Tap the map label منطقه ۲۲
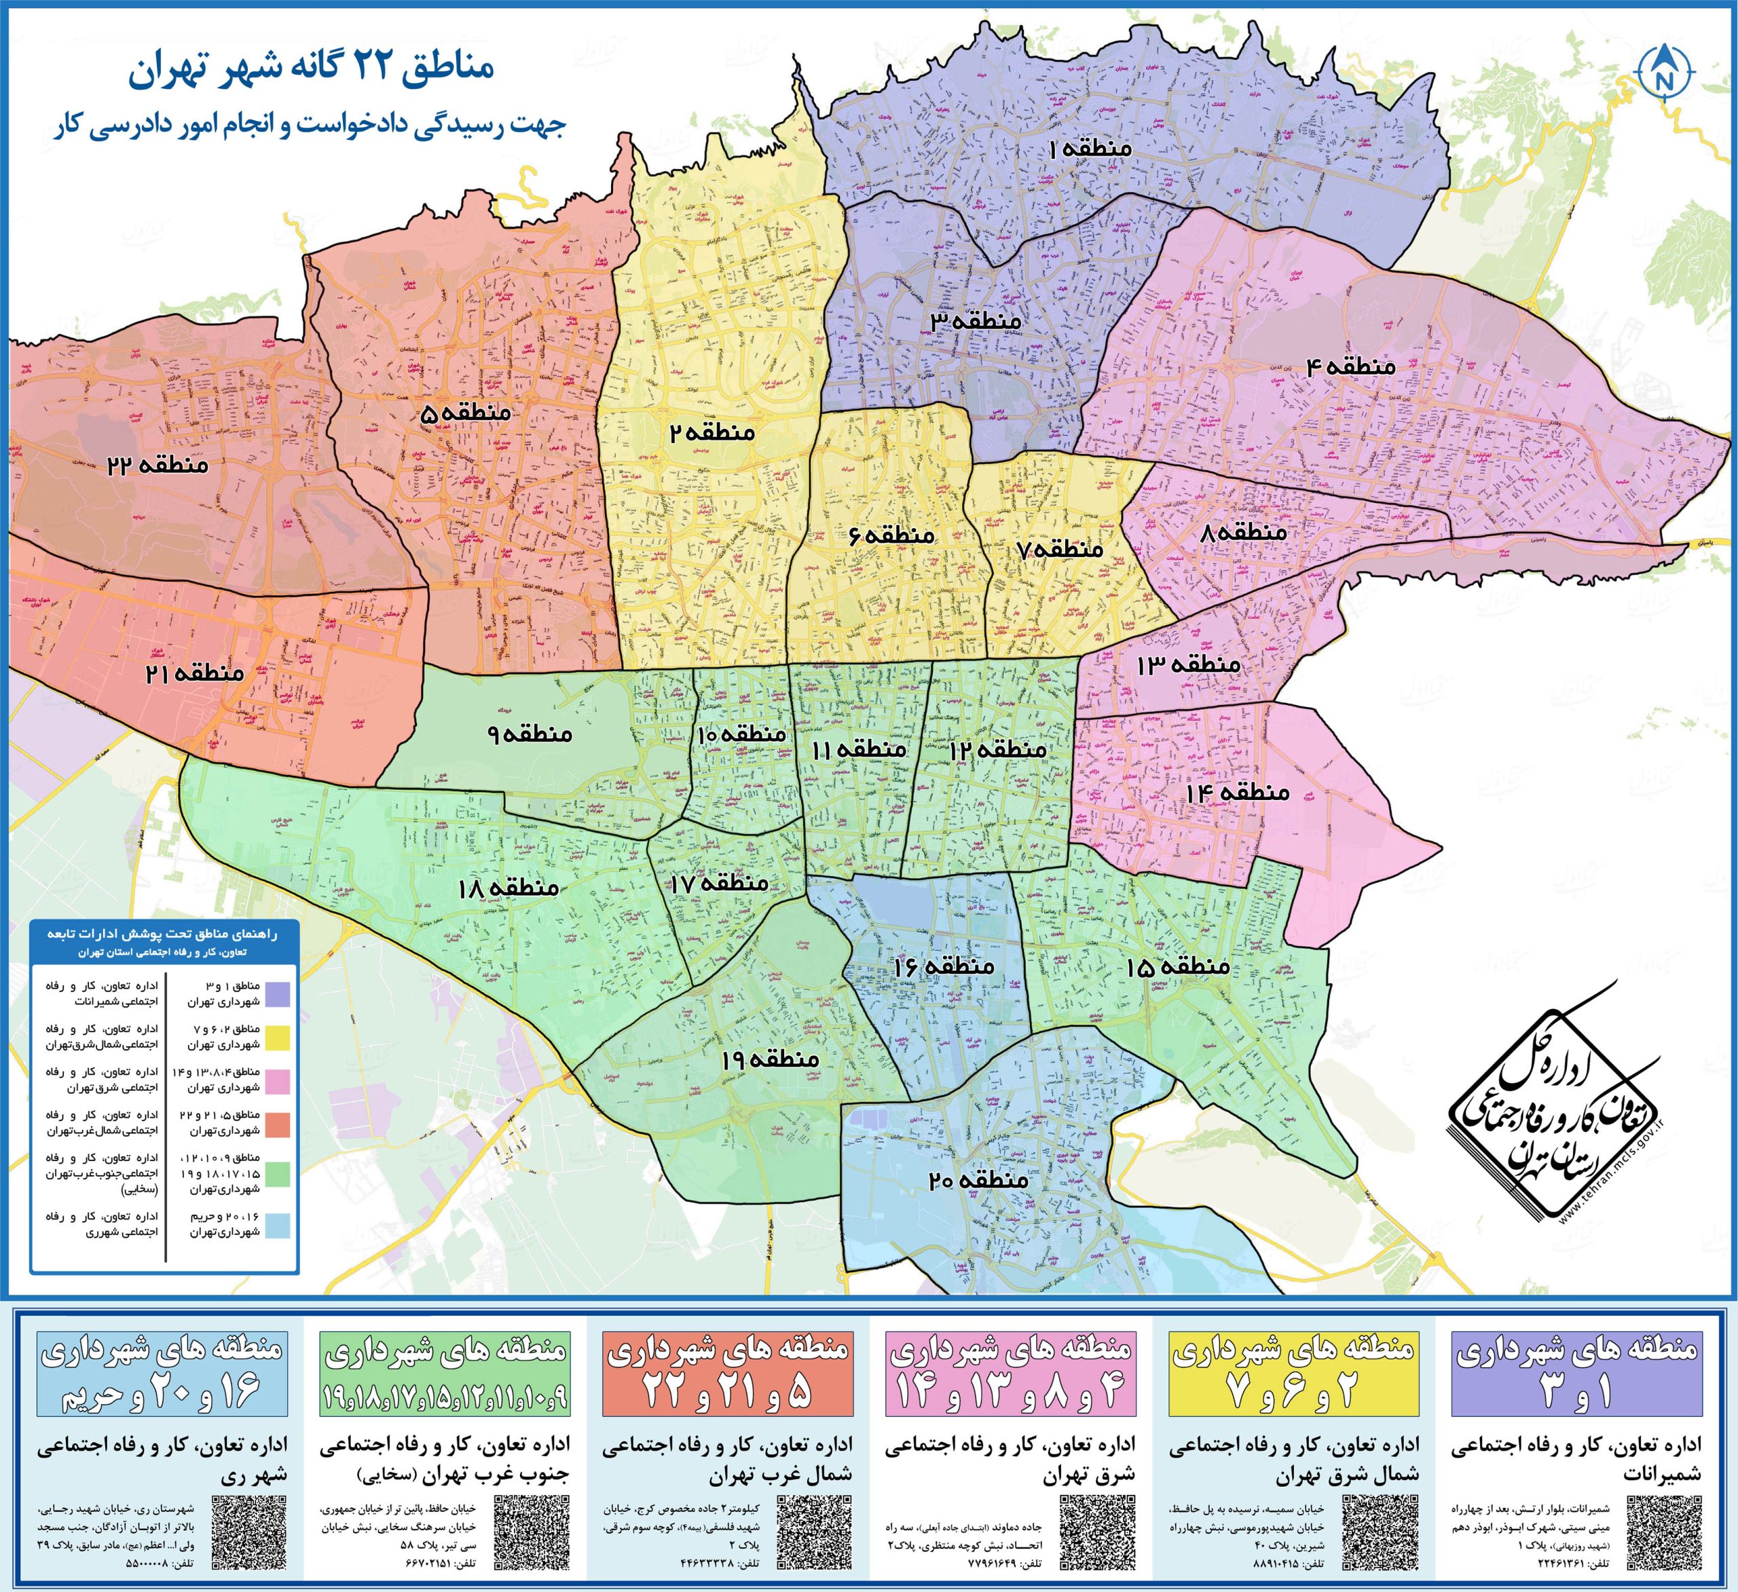[x=158, y=466]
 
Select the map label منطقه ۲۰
[x=978, y=1179]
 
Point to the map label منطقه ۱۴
[x=1237, y=792]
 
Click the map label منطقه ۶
[x=892, y=535]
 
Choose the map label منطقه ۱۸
[x=509, y=888]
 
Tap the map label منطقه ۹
[x=530, y=734]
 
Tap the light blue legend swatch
[x=277, y=1226]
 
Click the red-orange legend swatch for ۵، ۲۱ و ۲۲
[x=277, y=1124]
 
